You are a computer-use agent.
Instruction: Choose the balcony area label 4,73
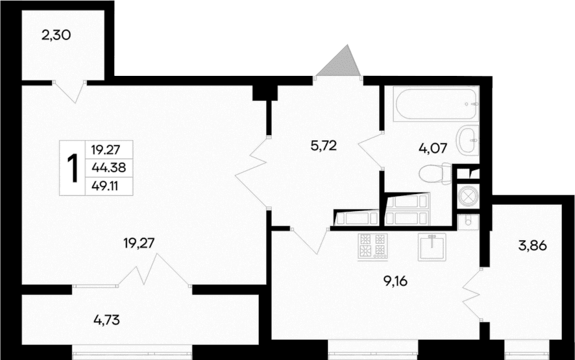(x=106, y=319)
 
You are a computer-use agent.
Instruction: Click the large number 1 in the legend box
(x=73, y=168)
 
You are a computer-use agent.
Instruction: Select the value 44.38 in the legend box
(x=108, y=168)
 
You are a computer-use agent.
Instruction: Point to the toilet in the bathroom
(x=436, y=174)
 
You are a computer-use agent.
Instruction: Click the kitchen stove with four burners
(x=373, y=246)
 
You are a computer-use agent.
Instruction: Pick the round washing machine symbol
(x=467, y=195)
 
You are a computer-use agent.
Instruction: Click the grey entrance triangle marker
(x=340, y=62)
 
